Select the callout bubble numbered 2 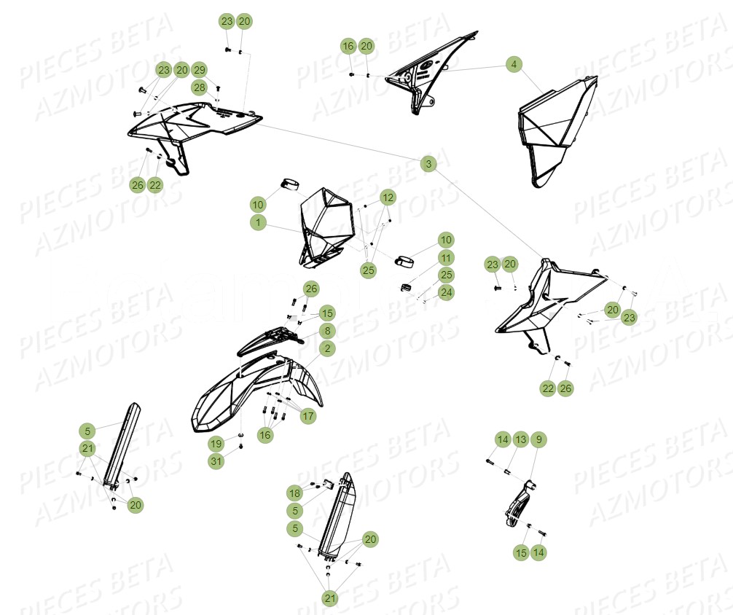(327, 349)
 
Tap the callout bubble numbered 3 (428, 164)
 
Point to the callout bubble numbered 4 (514, 65)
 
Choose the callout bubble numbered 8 (327, 331)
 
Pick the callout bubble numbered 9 (538, 439)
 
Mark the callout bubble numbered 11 (446, 257)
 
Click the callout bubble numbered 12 (388, 197)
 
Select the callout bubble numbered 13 (520, 439)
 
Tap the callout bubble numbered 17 (309, 417)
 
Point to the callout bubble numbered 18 (294, 493)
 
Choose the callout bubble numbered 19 (216, 443)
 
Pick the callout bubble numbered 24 (446, 293)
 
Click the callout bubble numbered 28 (200, 87)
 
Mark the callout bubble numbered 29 (200, 70)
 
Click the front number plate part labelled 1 (325, 222)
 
